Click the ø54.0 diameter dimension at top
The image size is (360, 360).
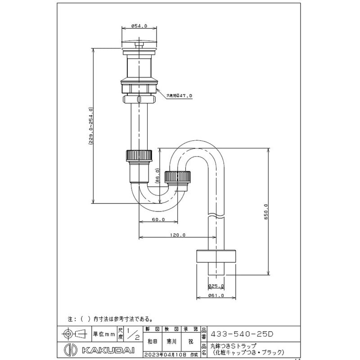139,27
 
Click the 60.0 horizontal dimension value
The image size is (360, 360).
158,220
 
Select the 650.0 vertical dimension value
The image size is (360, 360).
266,211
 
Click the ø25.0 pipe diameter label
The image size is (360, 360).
216,286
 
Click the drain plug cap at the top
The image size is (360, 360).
139,43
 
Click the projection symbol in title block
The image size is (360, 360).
74,334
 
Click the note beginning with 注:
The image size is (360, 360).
110,319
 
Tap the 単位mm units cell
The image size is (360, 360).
104,334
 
